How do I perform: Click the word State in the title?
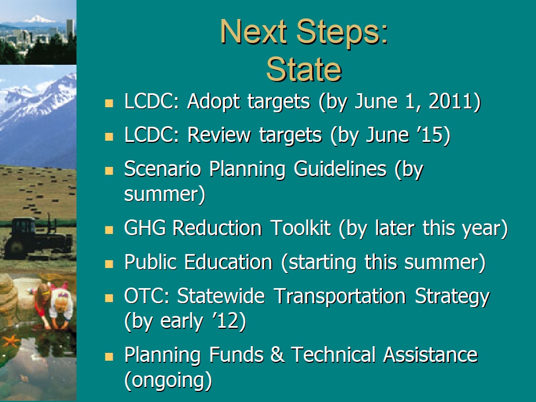tap(304, 69)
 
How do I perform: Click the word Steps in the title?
tap(342, 32)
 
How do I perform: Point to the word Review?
tap(219, 135)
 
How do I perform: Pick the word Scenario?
tap(162, 169)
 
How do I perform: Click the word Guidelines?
tap(340, 169)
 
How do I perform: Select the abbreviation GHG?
tap(145, 227)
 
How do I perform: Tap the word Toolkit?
tap(300, 227)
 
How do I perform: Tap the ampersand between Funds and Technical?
tap(277, 355)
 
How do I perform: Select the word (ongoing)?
tap(168, 380)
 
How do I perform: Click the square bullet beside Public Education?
tap(109, 264)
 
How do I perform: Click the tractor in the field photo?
tap(37, 237)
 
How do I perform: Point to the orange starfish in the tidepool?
tap(11, 341)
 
